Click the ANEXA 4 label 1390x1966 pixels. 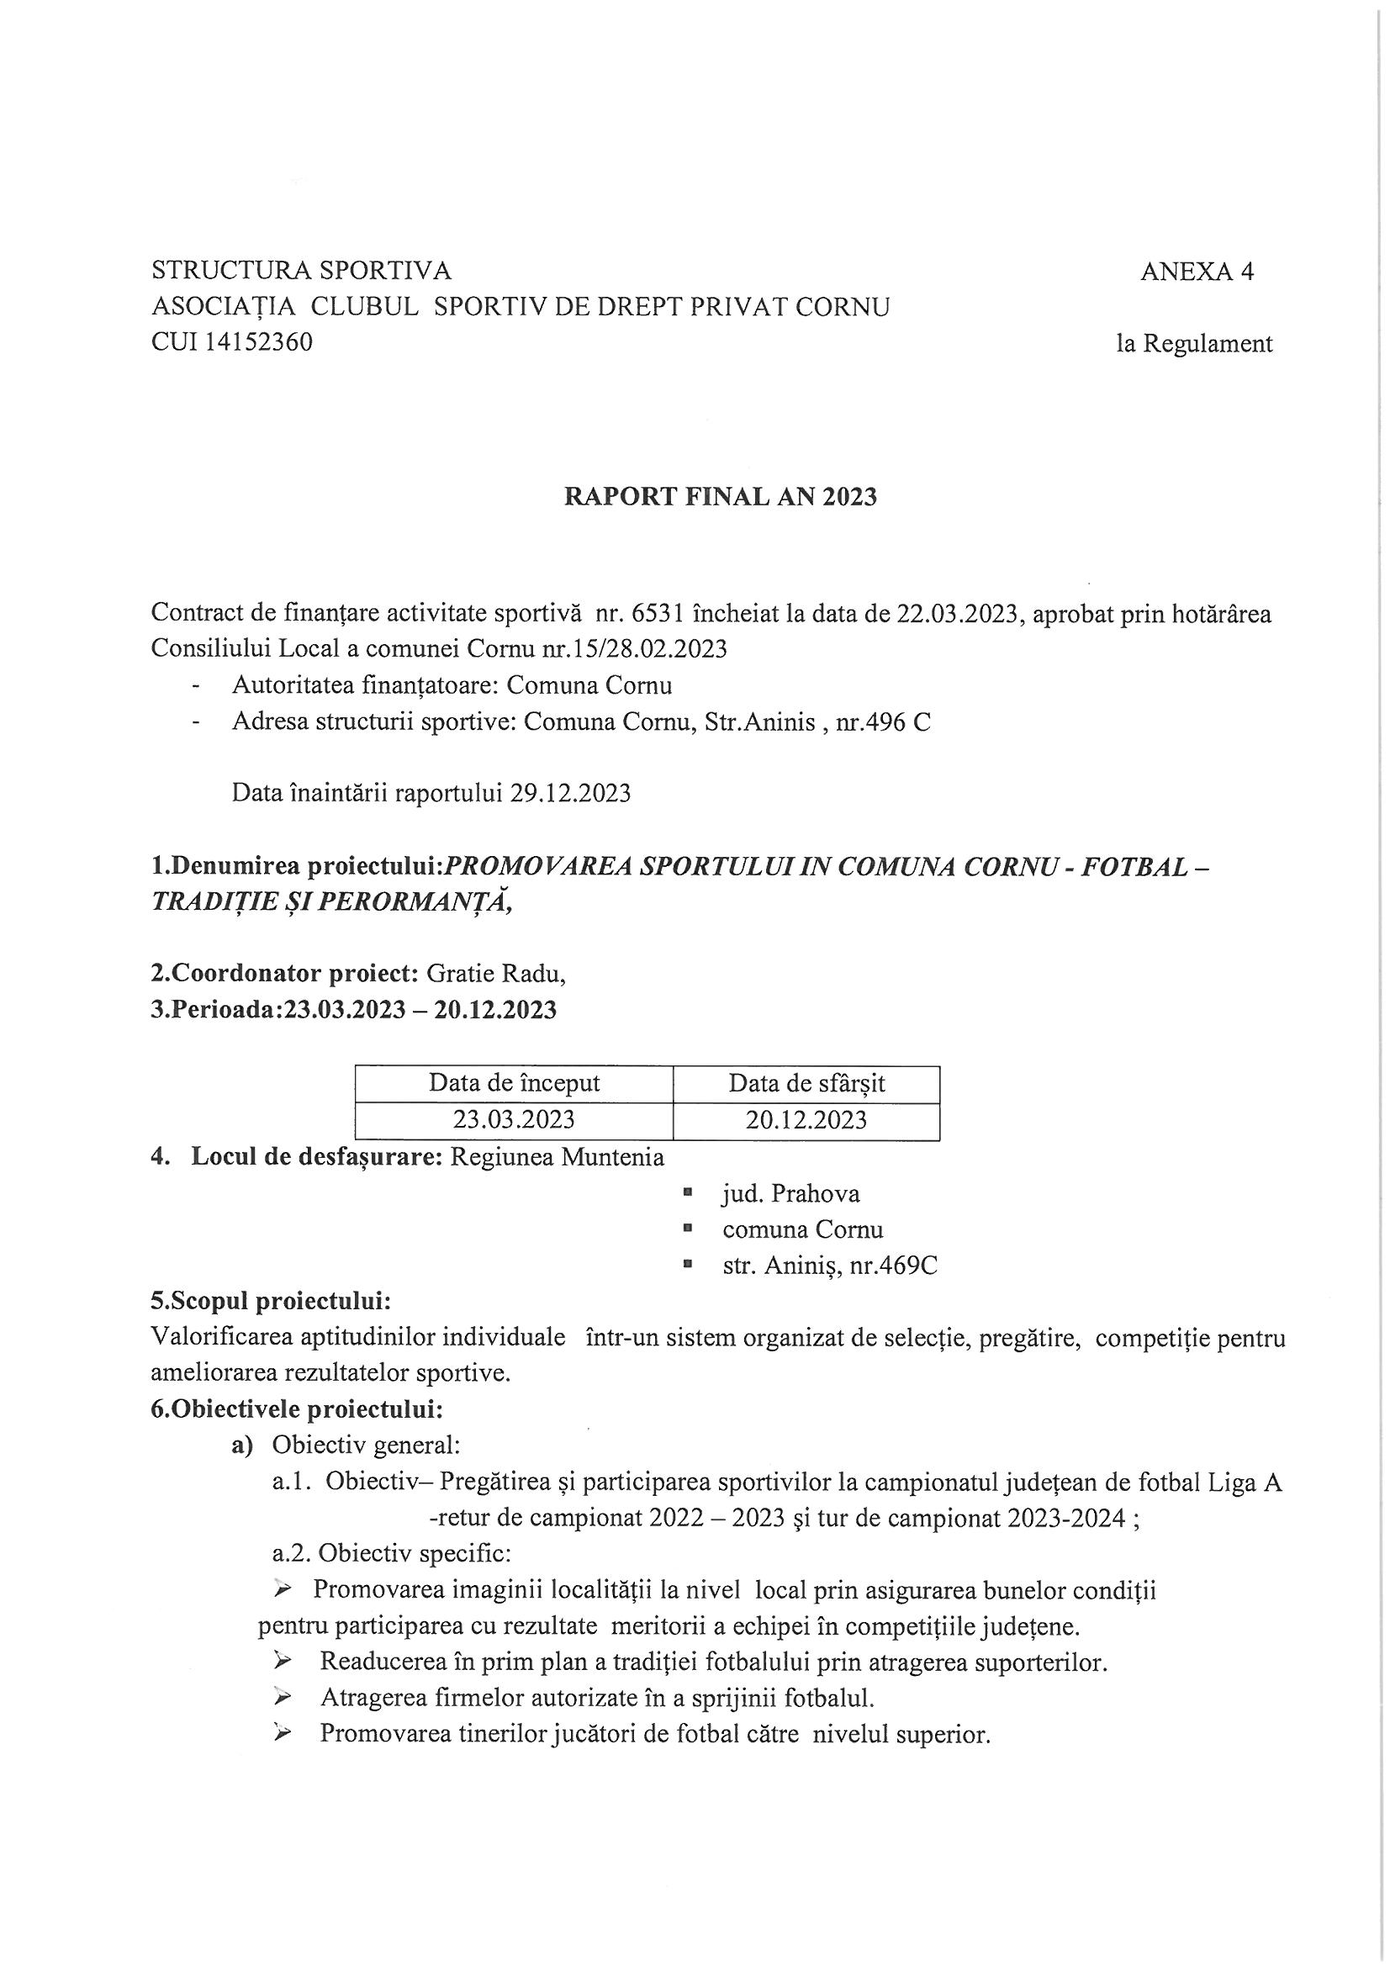pos(1197,272)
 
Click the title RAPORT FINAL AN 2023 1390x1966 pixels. pos(721,498)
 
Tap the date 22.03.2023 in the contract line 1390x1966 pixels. pos(959,614)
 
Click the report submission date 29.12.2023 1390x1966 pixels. pos(570,793)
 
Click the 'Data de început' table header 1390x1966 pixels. pos(514,1084)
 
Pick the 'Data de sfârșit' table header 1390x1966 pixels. pos(806,1084)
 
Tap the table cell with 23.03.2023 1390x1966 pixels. pos(514,1120)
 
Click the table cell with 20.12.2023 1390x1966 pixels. pos(806,1120)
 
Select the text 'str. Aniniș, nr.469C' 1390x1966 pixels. pos(829,1266)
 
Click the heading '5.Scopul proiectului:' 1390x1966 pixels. pos(271,1302)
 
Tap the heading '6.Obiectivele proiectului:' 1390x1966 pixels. pos(296,1408)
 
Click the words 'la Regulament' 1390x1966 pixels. pos(1194,344)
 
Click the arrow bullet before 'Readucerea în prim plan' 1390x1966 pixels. pos(281,1662)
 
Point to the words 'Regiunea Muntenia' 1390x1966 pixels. pos(557,1158)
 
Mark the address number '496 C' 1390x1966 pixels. pos(897,721)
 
